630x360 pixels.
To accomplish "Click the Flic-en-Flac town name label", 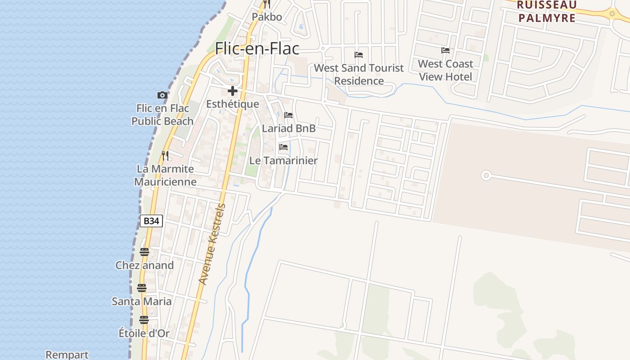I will click(257, 48).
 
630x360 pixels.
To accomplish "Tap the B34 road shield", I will click(151, 221).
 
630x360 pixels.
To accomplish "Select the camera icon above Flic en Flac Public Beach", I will click(162, 95).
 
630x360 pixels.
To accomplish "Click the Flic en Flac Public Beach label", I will click(162, 115).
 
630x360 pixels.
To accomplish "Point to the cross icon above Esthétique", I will click(233, 91).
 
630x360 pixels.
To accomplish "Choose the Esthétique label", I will click(233, 104).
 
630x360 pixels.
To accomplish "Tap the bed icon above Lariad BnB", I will click(288, 115).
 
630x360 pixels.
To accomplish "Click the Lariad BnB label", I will click(288, 128).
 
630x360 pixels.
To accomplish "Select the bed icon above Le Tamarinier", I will click(283, 147).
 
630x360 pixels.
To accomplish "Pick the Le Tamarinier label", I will click(283, 161).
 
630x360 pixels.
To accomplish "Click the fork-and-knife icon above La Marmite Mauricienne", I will click(166, 156).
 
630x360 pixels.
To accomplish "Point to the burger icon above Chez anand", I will click(144, 252).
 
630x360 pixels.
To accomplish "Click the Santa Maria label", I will click(142, 301).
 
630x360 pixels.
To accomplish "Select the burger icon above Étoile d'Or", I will click(144, 320).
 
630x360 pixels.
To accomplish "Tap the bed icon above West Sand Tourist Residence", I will click(359, 55).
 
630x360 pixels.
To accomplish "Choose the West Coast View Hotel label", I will click(445, 70).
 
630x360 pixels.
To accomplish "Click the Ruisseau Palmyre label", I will click(546, 11).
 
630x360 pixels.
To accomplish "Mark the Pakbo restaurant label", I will click(267, 17).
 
